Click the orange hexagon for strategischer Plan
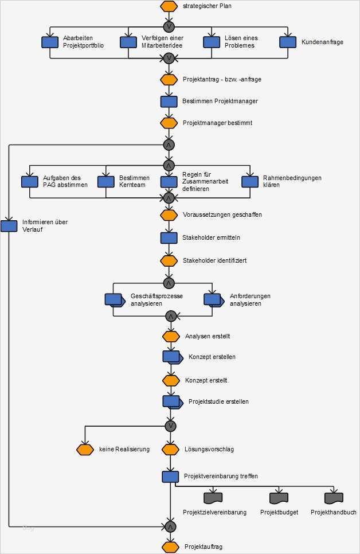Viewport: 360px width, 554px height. [x=169, y=6]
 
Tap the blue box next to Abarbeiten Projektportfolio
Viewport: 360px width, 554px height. [x=50, y=42]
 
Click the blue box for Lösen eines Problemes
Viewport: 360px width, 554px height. [x=212, y=42]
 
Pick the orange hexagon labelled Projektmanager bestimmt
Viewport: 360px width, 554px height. [x=169, y=123]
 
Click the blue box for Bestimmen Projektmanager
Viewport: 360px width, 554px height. [x=169, y=102]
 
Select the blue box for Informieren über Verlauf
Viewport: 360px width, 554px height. [x=9, y=226]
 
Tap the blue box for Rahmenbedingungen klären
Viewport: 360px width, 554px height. [x=250, y=182]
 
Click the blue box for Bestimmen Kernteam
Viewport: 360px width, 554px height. [x=106, y=182]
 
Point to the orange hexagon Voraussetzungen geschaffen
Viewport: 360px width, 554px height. [x=169, y=215]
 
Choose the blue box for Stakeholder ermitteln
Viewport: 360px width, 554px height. [x=169, y=237]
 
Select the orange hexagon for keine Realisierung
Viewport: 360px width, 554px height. [x=85, y=450]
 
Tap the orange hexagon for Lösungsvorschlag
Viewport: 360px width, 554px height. [x=170, y=450]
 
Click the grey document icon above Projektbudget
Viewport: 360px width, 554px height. [x=279, y=497]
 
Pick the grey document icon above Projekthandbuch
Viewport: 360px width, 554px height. [x=333, y=497]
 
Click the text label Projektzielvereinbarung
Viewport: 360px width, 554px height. [x=214, y=512]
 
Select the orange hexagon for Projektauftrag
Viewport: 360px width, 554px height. [x=170, y=547]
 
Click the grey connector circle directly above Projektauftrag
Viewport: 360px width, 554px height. [x=170, y=526]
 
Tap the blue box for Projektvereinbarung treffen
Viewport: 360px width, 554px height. [x=170, y=477]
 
